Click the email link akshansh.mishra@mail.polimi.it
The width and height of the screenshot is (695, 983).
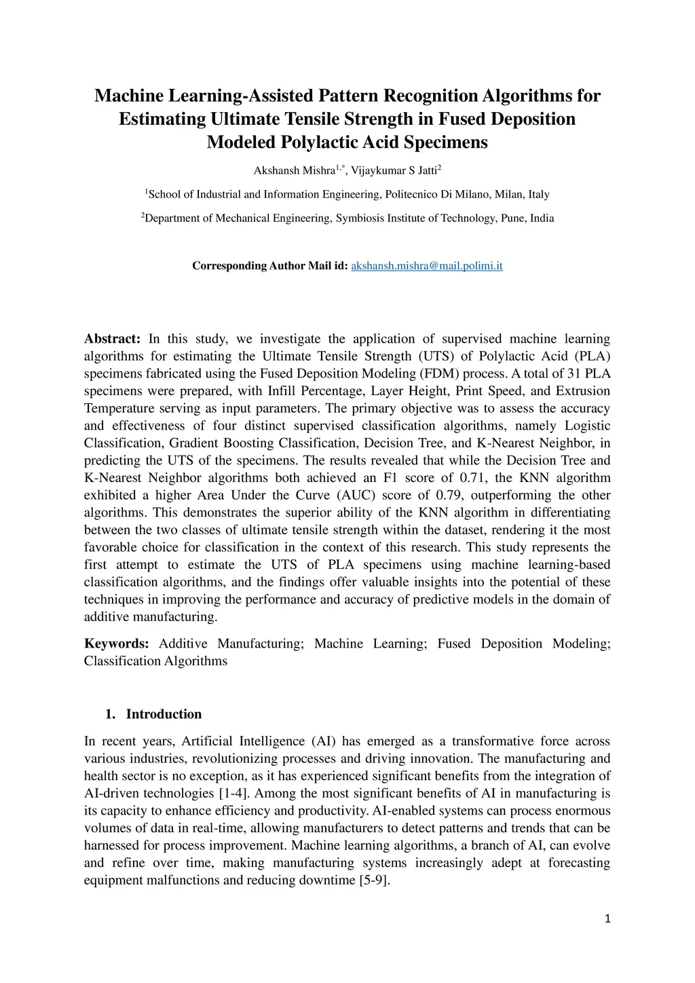426,265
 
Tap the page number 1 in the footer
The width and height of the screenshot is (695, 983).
607,919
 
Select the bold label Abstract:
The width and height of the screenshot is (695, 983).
112,339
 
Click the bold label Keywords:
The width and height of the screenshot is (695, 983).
116,644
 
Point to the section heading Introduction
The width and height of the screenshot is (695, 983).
164,714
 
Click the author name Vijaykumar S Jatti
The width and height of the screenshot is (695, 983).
394,170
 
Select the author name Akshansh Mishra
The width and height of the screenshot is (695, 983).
294,170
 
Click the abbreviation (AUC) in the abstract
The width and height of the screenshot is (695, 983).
354,496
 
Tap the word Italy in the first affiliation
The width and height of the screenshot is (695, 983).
539,195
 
